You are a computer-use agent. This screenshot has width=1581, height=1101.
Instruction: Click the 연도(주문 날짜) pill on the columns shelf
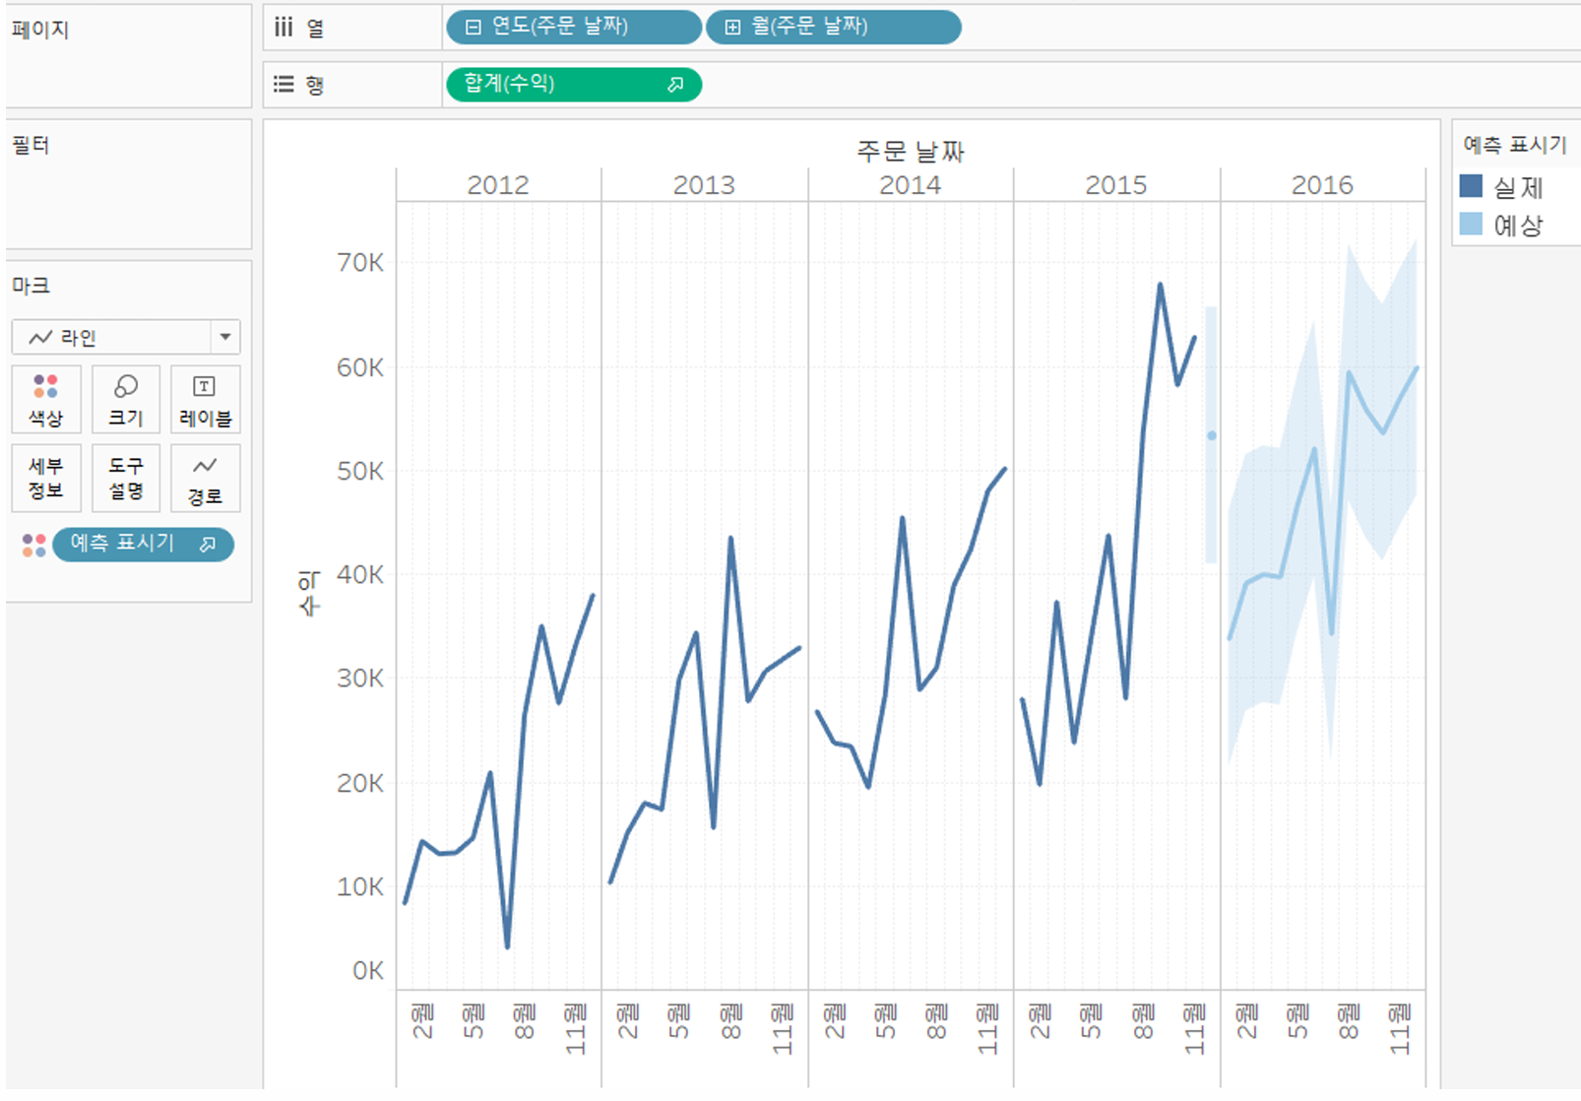pos(574,27)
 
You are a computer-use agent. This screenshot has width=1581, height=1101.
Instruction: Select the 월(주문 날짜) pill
pos(834,27)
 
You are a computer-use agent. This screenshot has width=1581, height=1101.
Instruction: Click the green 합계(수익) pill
pos(574,84)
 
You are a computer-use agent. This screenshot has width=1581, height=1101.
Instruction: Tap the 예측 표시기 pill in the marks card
pos(143,544)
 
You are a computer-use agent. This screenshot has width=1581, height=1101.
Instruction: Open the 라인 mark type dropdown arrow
pos(225,337)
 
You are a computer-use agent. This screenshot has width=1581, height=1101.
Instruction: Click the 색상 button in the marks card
pos(46,399)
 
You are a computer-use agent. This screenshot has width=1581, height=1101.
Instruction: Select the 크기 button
pos(126,399)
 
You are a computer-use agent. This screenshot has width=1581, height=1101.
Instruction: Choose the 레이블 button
pos(206,399)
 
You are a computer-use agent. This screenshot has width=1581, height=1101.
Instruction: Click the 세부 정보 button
pos(46,478)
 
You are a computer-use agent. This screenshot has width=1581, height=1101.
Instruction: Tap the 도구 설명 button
pos(126,478)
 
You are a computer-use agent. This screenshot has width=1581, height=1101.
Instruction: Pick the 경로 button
pos(206,478)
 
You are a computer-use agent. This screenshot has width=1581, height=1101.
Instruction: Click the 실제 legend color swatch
pos(1471,186)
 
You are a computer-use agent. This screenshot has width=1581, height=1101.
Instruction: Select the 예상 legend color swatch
pos(1471,224)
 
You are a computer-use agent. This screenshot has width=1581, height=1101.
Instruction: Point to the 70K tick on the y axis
pos(360,263)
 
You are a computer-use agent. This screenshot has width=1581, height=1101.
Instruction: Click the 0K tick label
pos(368,971)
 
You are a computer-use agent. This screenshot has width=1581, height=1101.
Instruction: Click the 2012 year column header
pos(497,185)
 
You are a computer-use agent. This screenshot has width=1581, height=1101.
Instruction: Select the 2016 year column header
pos(1322,185)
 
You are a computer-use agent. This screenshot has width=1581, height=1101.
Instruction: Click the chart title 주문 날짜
pos(911,151)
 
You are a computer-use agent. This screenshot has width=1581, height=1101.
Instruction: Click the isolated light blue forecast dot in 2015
pos(1211,435)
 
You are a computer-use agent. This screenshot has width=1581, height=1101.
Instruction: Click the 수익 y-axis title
pos(309,594)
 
